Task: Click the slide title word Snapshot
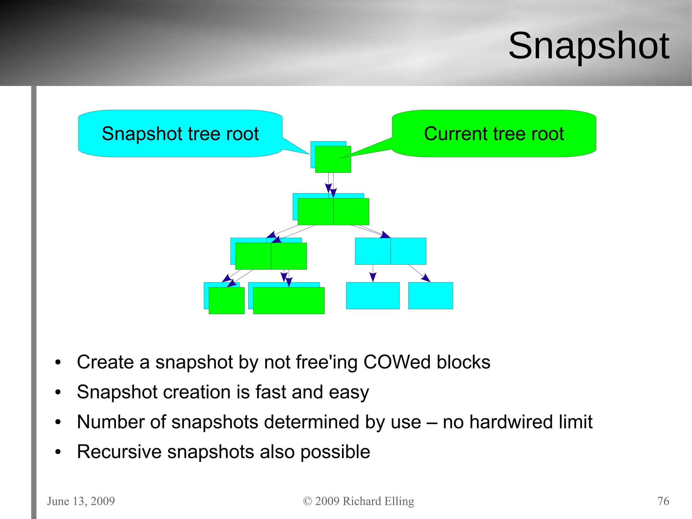[589, 46]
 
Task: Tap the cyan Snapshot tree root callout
[180, 134]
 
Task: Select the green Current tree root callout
[494, 134]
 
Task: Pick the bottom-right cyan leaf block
[430, 296]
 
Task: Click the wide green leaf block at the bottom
[289, 301]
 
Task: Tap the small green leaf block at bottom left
[226, 301]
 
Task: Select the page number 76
[663, 501]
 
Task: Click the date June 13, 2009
[81, 501]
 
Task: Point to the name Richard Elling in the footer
[378, 501]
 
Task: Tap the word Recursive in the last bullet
[119, 452]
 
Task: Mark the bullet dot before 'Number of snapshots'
[58, 422]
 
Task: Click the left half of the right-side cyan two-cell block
[373, 251]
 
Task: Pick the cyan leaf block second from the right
[373, 296]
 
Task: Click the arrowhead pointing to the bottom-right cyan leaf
[426, 278]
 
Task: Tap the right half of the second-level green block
[351, 211]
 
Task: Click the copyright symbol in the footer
[307, 501]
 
